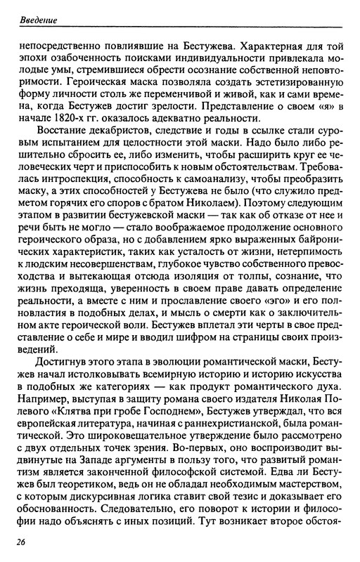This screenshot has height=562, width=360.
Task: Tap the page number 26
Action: (25, 542)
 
